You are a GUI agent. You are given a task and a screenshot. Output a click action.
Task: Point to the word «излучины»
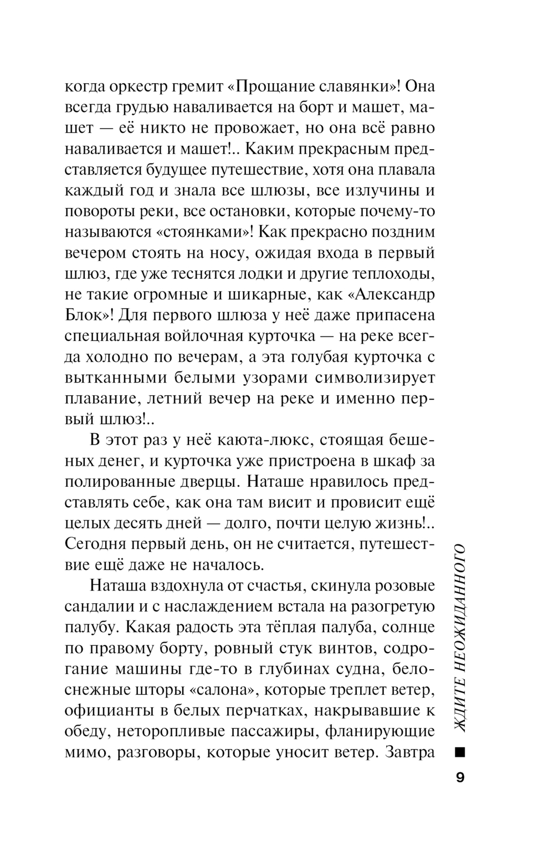coord(370,191)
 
